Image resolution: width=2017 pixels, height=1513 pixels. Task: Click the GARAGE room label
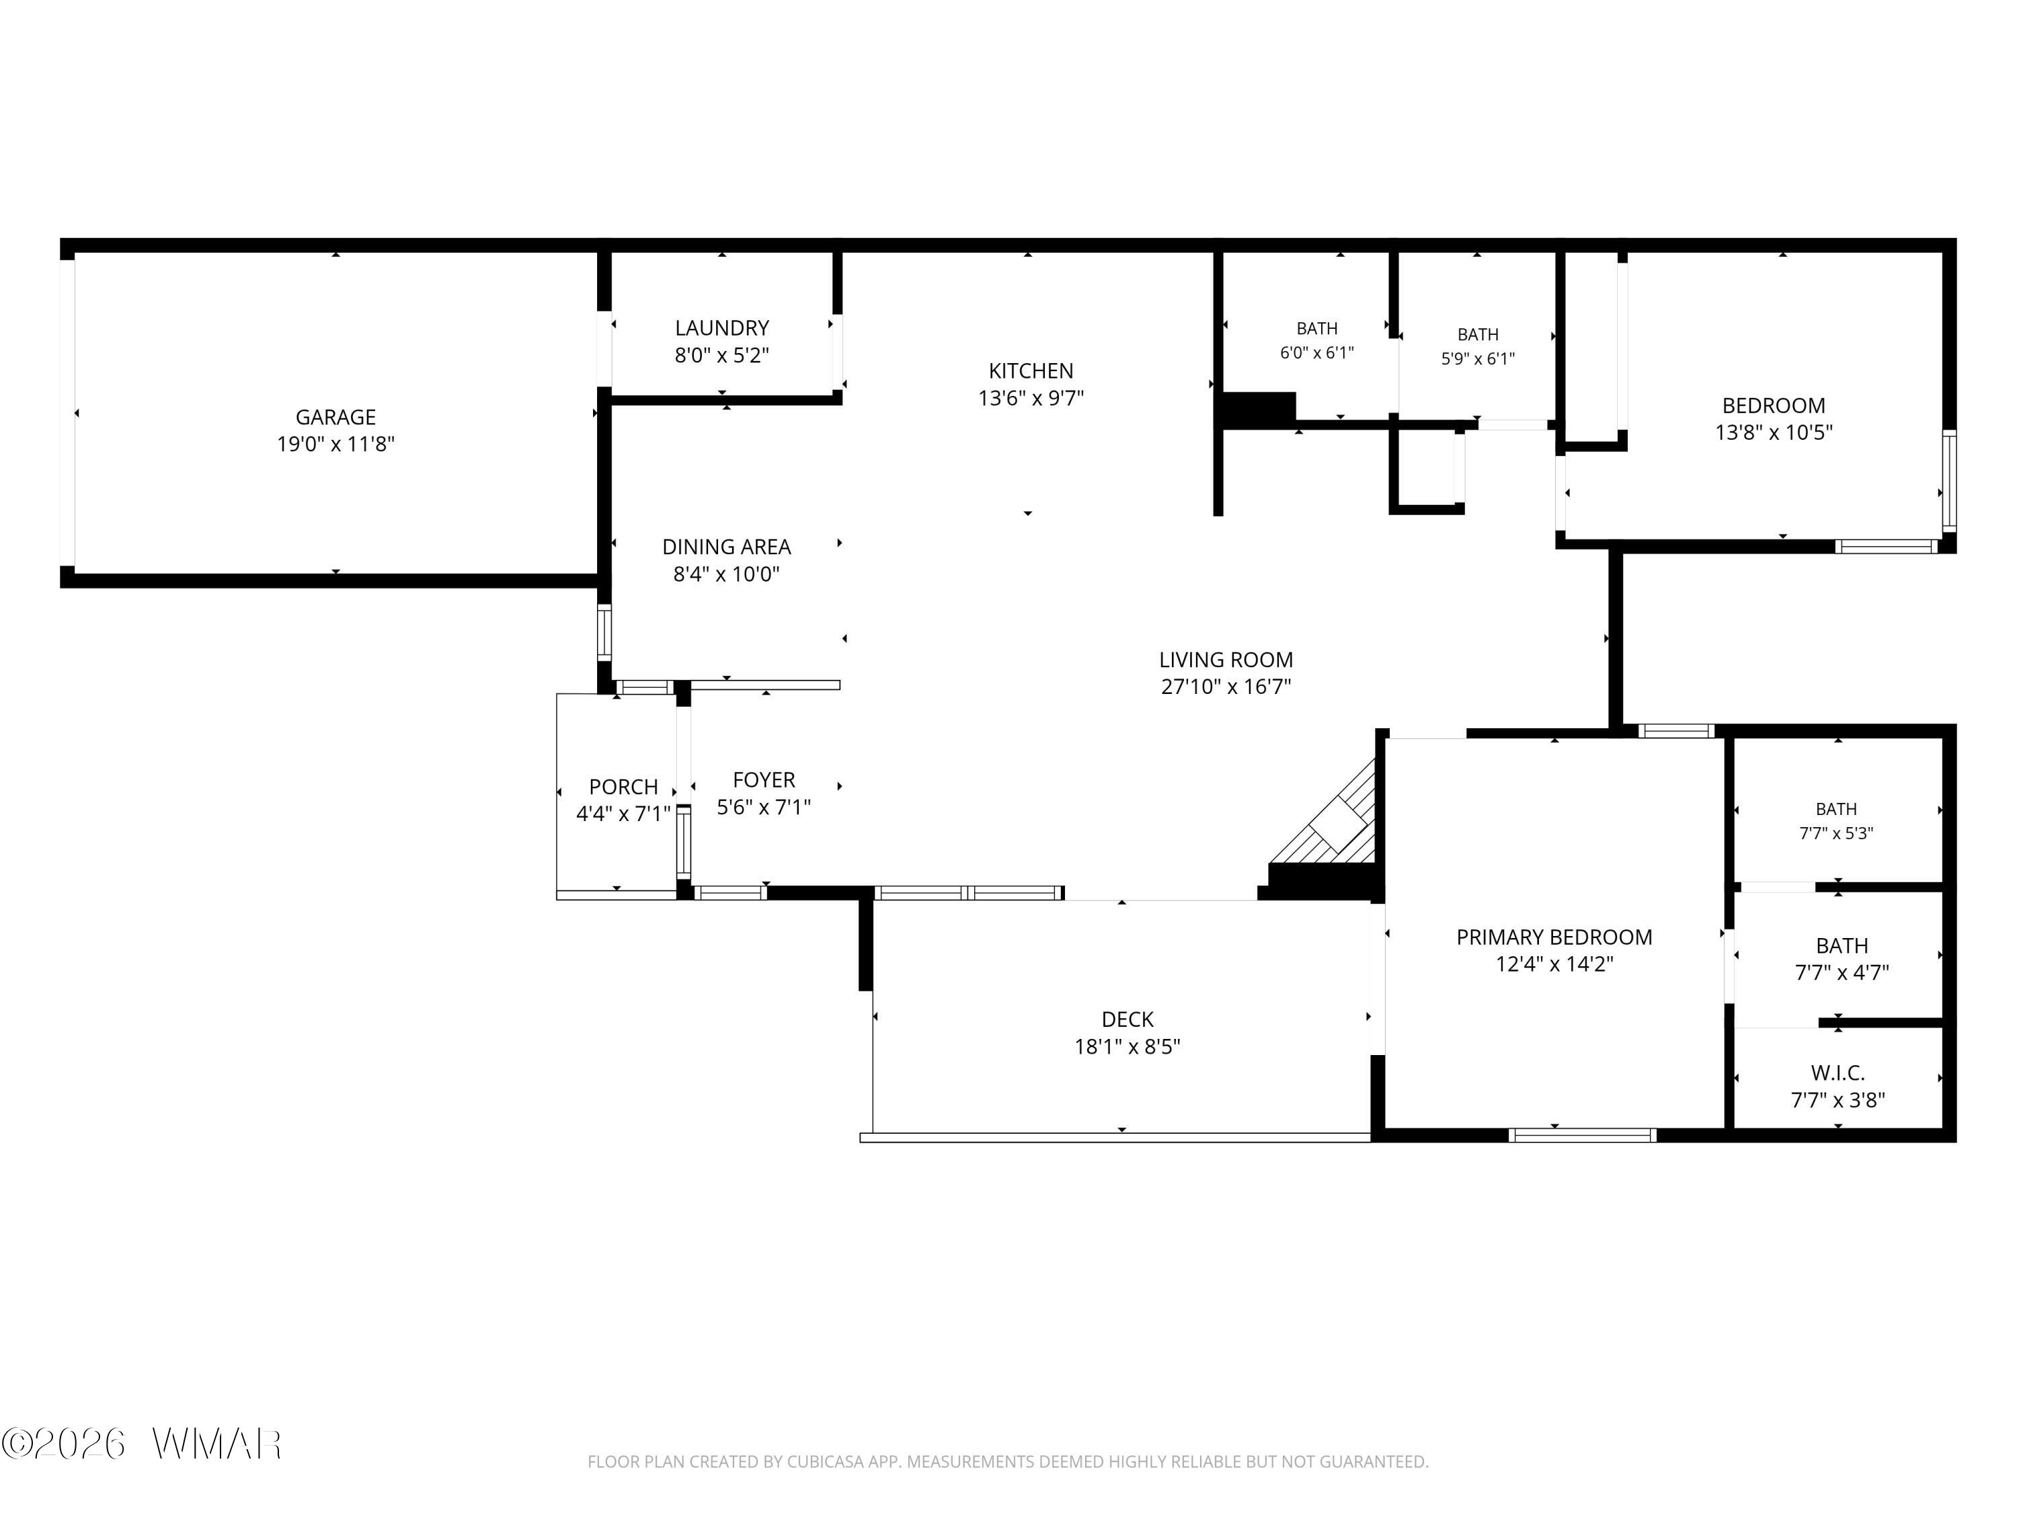[x=335, y=417]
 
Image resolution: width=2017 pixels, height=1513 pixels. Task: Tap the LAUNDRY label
[x=722, y=327]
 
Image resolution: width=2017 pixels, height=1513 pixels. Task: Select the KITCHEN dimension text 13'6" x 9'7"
[x=1031, y=397]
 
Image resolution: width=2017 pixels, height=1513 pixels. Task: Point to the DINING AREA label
[x=727, y=546]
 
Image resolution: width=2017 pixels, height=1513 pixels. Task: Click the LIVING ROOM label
[x=1226, y=660]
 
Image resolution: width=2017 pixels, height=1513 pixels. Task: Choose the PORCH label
[x=624, y=786]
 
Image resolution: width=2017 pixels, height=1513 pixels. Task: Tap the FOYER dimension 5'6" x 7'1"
[x=764, y=807]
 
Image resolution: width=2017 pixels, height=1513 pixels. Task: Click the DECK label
[x=1128, y=1019]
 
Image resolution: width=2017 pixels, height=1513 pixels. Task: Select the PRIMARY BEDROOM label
[x=1554, y=937]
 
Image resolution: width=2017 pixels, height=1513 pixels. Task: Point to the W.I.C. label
[x=1838, y=1073]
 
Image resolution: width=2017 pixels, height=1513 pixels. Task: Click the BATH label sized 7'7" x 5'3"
[x=1836, y=809]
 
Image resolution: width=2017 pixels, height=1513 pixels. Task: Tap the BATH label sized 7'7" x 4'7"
[x=1842, y=945]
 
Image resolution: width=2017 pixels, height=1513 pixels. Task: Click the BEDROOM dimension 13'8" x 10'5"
[x=1774, y=432]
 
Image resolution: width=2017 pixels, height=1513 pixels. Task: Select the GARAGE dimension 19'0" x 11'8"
[x=335, y=444]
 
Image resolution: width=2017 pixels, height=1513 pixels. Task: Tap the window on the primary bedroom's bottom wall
[x=1582, y=1134]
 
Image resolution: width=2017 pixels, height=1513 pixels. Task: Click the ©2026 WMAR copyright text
[x=141, y=1444]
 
